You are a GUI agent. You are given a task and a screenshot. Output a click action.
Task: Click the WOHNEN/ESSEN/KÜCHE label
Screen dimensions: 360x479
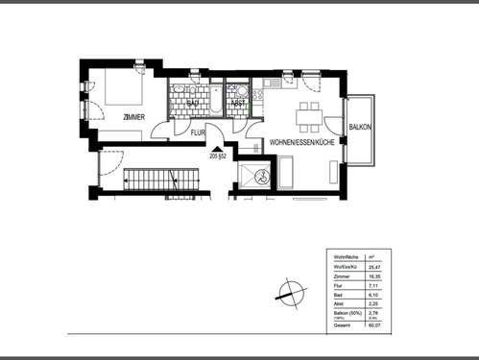pyautogui.click(x=301, y=142)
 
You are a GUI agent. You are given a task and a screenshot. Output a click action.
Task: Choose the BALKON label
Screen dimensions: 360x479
pyautogui.click(x=361, y=127)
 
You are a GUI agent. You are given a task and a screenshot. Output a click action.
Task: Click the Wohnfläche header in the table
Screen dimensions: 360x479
pyautogui.click(x=346, y=258)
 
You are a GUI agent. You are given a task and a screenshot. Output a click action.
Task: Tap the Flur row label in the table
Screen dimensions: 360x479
pyautogui.click(x=339, y=285)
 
